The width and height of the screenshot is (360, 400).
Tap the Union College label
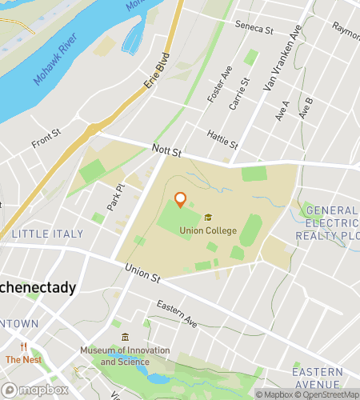pyautogui.click(x=208, y=231)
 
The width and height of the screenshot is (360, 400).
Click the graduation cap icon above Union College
pyautogui.click(x=208, y=218)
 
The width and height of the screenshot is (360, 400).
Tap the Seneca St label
pyautogui.click(x=254, y=29)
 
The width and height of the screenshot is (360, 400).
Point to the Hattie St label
pyautogui.click(x=222, y=139)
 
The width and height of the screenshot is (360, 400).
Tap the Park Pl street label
pyautogui.click(x=115, y=198)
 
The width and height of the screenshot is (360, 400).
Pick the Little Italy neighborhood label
pyautogui.click(x=42, y=234)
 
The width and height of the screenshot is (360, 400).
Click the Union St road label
pyautogui.click(x=143, y=275)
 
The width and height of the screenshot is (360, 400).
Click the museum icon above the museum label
pyautogui.click(x=125, y=337)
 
